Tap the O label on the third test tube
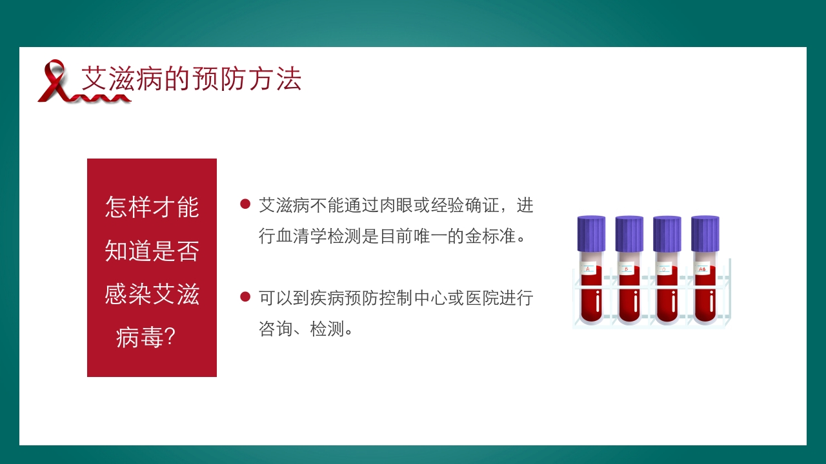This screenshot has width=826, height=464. pos(664,269)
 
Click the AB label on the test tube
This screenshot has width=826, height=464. pos(702,269)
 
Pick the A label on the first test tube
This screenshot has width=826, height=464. pos(588,269)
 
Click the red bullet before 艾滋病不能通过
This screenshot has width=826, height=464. pos(245,204)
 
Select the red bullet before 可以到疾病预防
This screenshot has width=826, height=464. pos(245,296)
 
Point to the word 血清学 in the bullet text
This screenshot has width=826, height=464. pos(301,237)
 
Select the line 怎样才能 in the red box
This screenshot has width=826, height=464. pos(152,207)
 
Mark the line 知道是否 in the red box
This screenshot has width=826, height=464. pos(152,250)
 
